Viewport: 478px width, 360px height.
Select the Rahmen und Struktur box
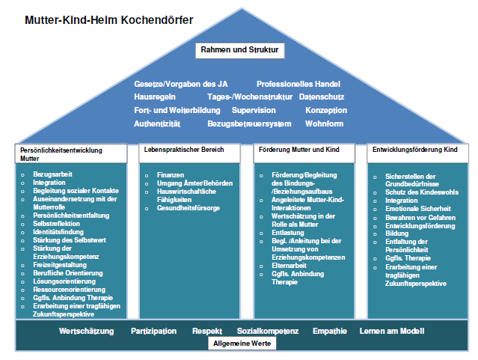coord(239,51)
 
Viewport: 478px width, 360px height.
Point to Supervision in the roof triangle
coord(254,110)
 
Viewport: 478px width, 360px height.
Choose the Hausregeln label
coord(156,97)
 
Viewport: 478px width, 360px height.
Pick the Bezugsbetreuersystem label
coord(249,123)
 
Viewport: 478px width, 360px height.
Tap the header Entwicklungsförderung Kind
coord(415,150)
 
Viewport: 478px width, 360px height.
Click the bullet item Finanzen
coord(171,174)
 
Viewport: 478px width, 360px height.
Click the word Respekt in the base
coord(206,331)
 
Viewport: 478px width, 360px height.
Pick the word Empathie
coord(329,331)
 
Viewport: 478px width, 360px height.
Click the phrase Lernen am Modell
coord(392,331)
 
